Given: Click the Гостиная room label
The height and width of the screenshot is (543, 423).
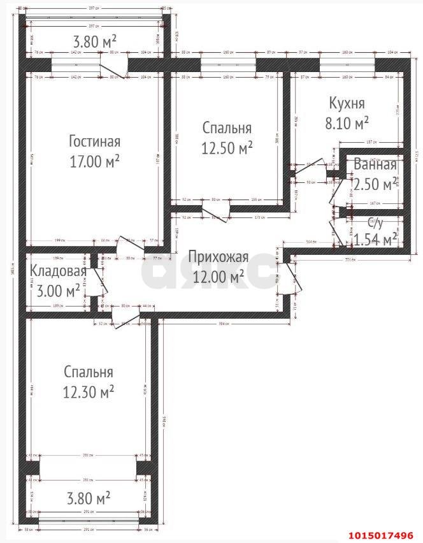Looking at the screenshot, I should click(x=94, y=141).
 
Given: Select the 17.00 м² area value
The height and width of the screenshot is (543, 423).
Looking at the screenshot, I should click(x=94, y=162).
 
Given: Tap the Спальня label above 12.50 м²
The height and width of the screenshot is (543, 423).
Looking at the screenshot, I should click(x=227, y=128).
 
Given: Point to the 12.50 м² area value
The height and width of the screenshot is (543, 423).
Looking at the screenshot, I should click(x=227, y=148).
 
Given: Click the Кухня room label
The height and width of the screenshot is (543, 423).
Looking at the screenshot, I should click(x=347, y=103).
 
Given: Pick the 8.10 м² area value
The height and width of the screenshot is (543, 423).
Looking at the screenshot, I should click(x=347, y=122).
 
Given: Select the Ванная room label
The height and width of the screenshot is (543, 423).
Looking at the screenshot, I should click(x=375, y=164).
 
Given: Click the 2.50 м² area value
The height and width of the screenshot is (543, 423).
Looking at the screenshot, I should click(x=375, y=184).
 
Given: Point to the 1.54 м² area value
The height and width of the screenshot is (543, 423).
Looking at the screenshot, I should click(x=375, y=240).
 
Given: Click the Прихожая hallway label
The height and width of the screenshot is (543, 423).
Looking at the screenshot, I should click(x=217, y=257).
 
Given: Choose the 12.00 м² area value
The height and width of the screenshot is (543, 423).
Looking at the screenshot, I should click(x=217, y=277).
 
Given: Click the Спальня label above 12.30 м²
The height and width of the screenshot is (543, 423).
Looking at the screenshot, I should click(x=89, y=372).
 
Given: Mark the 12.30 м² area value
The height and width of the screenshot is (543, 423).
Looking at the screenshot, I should click(x=89, y=392).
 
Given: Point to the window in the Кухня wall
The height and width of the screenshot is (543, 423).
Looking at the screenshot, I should click(x=347, y=65).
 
